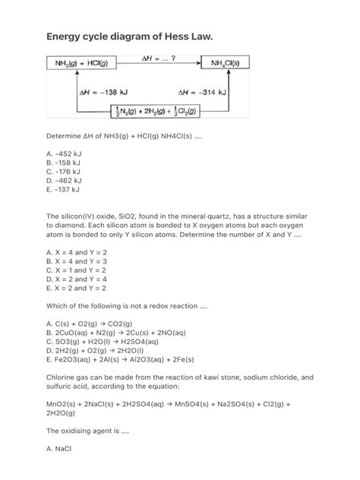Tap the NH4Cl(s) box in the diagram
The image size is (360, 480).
point(229,62)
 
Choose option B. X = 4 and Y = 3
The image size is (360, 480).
point(76,261)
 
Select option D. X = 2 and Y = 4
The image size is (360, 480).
point(76,279)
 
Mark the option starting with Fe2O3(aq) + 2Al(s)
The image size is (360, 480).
point(121,359)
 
